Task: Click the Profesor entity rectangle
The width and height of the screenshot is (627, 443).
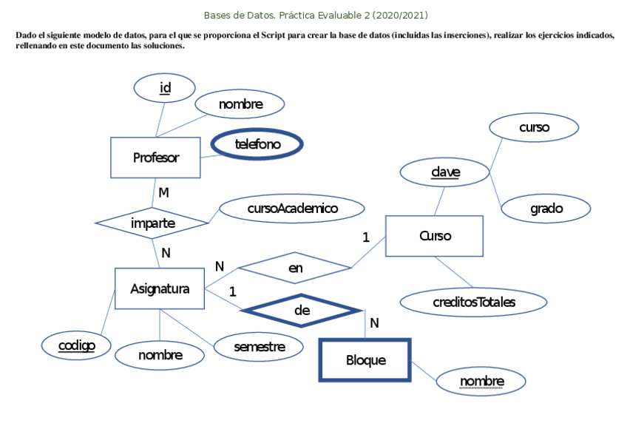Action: pyautogui.click(x=155, y=158)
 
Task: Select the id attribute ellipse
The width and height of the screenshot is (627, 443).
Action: pyautogui.click(x=165, y=89)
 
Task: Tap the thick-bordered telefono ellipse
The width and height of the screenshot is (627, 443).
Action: pyautogui.click(x=257, y=145)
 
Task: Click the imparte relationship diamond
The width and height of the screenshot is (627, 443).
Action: pyautogui.click(x=153, y=223)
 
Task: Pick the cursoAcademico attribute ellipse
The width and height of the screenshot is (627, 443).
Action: pyautogui.click(x=292, y=209)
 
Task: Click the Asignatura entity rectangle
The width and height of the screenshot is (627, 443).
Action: pyautogui.click(x=160, y=288)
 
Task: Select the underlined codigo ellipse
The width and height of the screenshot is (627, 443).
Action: pyautogui.click(x=77, y=345)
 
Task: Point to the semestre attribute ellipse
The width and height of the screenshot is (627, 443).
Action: pyautogui.click(x=259, y=346)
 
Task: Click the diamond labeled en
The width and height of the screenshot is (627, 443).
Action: pyautogui.click(x=296, y=268)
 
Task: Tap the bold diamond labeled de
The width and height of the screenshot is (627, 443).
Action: pyautogui.click(x=302, y=311)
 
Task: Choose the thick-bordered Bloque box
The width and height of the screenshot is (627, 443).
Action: pyautogui.click(x=365, y=360)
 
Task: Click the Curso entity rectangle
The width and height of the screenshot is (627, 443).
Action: pyautogui.click(x=435, y=236)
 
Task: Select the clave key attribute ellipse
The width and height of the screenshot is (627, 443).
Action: pyautogui.click(x=445, y=173)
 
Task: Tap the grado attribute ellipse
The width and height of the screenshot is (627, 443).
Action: pyautogui.click(x=546, y=209)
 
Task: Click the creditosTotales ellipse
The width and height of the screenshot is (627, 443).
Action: pyautogui.click(x=473, y=302)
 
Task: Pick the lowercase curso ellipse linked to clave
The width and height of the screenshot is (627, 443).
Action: pyautogui.click(x=534, y=127)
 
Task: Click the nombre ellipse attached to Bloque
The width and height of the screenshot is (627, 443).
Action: pyautogui.click(x=481, y=382)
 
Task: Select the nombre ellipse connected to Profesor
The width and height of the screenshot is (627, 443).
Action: pyautogui.click(x=240, y=104)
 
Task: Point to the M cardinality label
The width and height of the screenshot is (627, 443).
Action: pyautogui.click(x=163, y=192)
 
